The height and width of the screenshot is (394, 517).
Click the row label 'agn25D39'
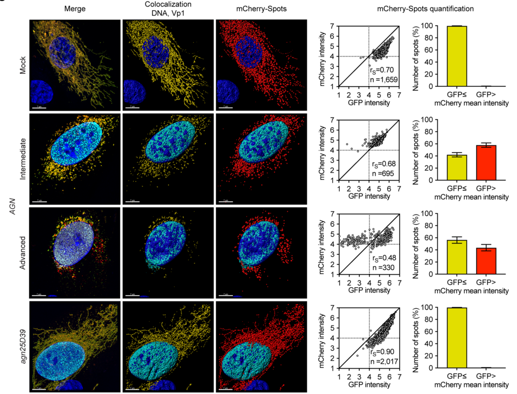[x=22, y=344]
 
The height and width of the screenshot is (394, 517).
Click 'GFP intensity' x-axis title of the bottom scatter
[x=369, y=386]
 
